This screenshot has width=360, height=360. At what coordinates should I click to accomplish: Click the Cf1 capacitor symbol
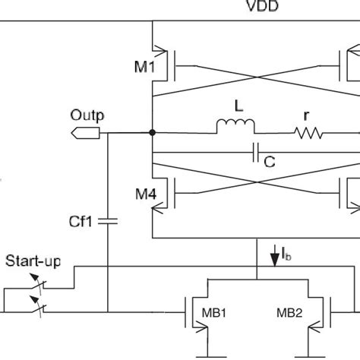tap(107, 221)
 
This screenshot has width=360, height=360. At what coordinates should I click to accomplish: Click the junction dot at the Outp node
tap(153, 133)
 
